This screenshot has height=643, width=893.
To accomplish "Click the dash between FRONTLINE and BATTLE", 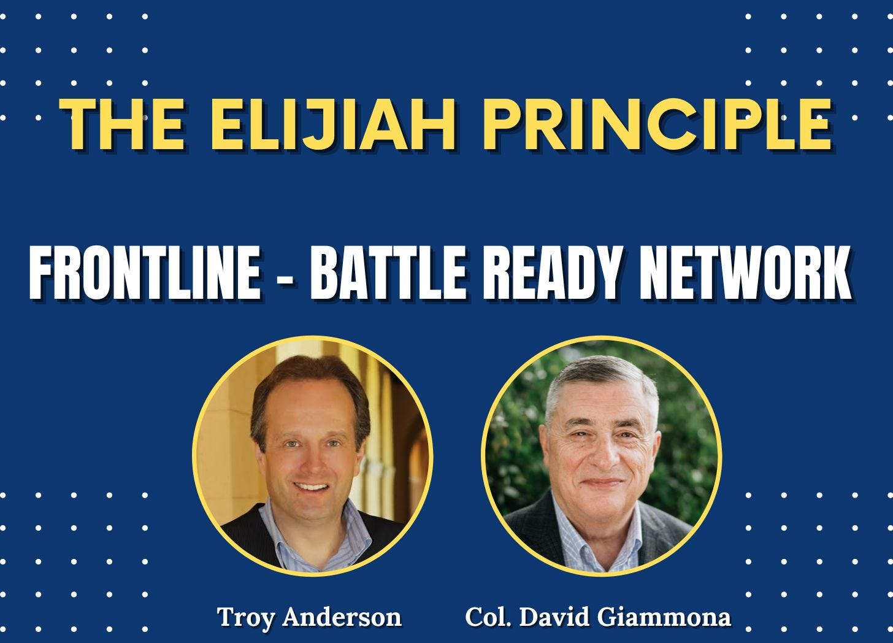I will [x=286, y=273].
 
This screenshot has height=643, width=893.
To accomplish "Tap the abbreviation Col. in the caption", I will [x=488, y=617].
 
